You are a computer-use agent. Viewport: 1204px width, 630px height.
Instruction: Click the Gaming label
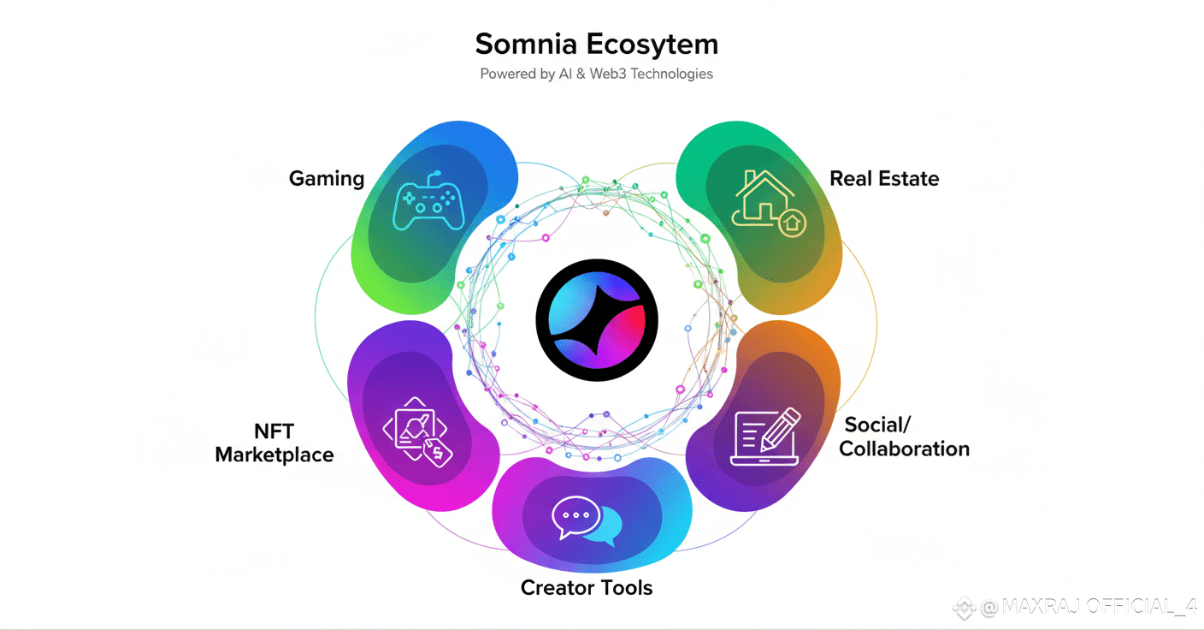pyautogui.click(x=327, y=178)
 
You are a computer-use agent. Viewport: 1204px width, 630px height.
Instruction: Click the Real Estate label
pyautogui.click(x=884, y=178)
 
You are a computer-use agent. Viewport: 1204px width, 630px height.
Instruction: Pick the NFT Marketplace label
pyautogui.click(x=274, y=443)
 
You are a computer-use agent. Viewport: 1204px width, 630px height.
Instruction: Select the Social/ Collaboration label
pyautogui.click(x=904, y=437)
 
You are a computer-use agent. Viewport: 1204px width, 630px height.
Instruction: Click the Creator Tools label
pyautogui.click(x=587, y=588)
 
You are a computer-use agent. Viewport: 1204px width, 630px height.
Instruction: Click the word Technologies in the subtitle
pyautogui.click(x=671, y=74)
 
